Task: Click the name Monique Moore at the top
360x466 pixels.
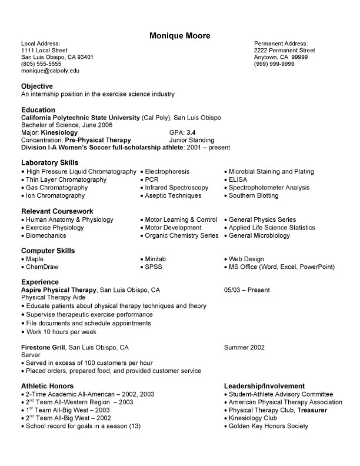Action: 179,35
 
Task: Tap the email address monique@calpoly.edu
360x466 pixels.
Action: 50,71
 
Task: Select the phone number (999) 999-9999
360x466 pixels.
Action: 274,64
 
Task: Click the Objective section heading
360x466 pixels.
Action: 37,86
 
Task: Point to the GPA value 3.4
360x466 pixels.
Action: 191,133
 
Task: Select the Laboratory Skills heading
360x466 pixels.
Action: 49,162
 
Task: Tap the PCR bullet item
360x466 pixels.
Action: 152,179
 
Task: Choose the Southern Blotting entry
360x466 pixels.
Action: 254,195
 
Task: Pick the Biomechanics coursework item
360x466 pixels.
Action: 46,235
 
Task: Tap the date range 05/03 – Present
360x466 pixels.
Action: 247,290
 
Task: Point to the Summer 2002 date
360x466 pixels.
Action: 244,347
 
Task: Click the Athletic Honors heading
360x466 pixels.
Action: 48,386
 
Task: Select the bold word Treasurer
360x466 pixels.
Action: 312,410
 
